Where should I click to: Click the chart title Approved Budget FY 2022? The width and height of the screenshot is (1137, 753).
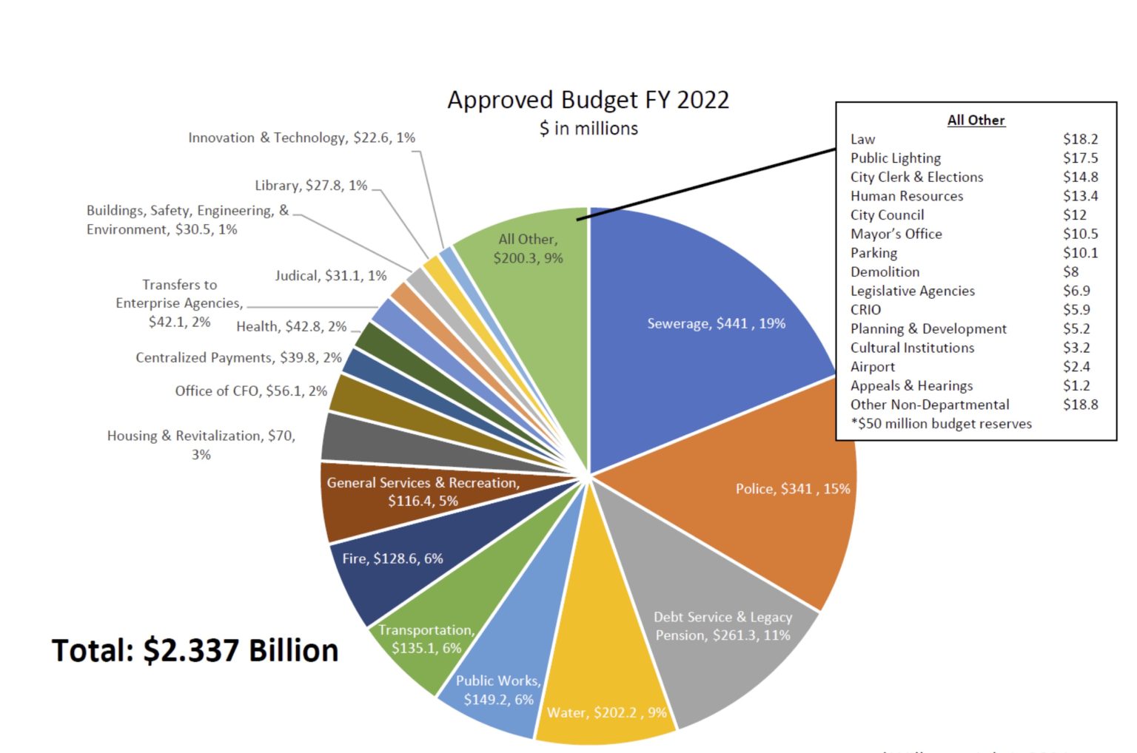point(588,100)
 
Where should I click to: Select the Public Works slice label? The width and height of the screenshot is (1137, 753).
point(498,690)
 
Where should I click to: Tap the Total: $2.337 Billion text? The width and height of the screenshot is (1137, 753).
point(195,650)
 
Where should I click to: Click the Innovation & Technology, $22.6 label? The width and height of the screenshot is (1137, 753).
point(301,138)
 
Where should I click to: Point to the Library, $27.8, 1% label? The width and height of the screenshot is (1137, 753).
point(311,186)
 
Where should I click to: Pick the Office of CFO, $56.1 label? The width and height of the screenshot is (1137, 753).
point(250,391)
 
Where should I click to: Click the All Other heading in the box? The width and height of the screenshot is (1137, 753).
point(976,120)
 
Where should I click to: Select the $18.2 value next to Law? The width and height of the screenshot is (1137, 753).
point(1080,139)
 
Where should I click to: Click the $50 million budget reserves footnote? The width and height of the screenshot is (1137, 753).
point(941,424)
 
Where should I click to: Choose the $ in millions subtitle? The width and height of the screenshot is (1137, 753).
point(588,129)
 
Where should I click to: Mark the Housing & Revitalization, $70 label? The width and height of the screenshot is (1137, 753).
point(201,445)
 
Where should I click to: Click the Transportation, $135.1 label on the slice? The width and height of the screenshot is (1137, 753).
point(426,639)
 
